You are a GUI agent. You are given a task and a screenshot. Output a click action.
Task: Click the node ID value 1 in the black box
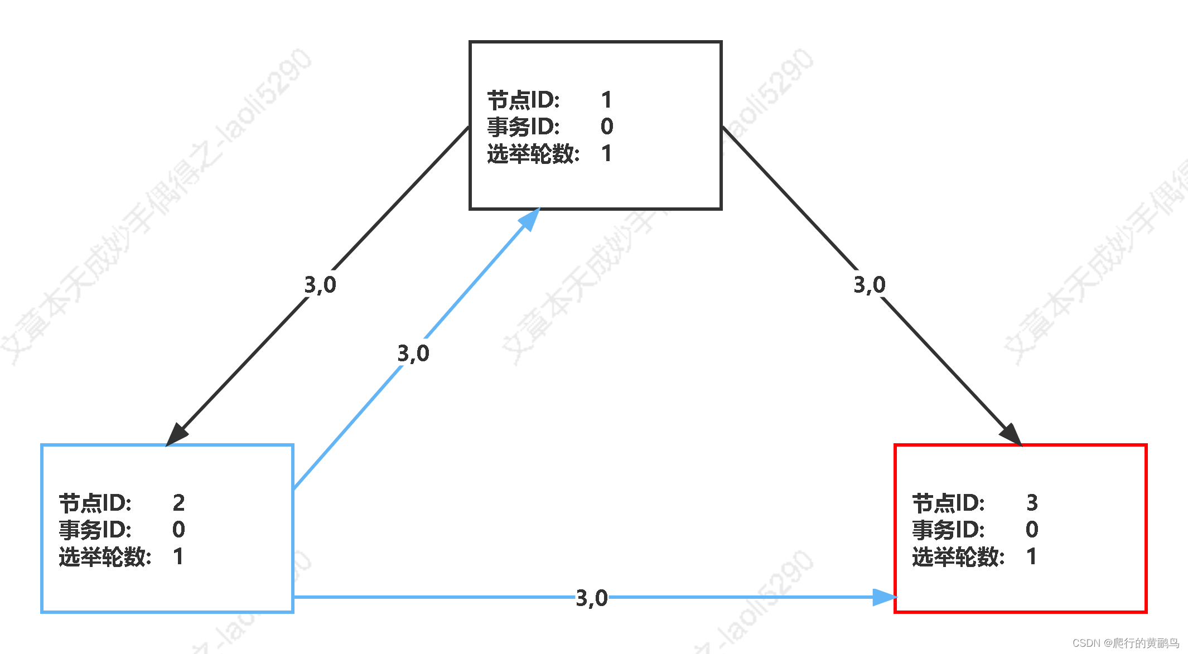tap(607, 100)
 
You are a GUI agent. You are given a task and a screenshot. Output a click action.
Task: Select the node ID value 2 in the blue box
tap(178, 503)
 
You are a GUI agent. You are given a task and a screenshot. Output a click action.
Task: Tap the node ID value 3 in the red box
tap(1032, 503)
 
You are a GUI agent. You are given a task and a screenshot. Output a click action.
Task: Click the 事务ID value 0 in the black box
tap(607, 127)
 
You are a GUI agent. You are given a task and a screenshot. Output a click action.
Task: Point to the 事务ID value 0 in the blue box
tap(178, 530)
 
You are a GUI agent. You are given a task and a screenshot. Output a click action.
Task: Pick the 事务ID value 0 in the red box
tap(1032, 530)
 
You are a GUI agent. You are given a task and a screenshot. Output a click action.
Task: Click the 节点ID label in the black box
tap(523, 100)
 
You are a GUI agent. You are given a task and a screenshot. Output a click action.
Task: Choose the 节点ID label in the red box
tap(948, 503)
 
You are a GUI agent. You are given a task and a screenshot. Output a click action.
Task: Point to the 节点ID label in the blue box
tap(95, 503)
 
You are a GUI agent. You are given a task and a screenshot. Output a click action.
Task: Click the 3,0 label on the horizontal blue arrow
tap(592, 598)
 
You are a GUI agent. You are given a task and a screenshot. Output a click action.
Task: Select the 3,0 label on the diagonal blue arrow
tap(413, 353)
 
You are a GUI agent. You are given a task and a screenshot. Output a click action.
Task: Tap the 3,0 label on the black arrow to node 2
tap(320, 285)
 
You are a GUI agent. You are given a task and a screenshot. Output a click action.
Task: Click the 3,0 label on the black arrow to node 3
tap(870, 285)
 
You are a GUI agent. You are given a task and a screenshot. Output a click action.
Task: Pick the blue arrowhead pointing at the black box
tap(530, 219)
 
